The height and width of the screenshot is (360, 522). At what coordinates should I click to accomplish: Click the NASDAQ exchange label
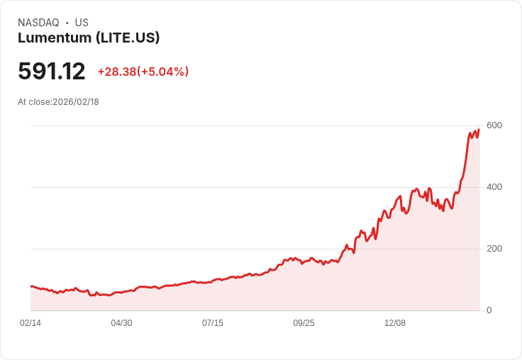tap(38, 23)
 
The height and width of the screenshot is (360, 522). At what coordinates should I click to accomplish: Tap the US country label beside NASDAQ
tap(82, 23)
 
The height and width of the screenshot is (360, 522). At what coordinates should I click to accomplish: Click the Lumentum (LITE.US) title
tap(89, 38)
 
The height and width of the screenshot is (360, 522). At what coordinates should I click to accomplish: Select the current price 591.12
tap(52, 72)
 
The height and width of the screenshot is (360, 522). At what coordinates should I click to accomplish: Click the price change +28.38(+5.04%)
tap(143, 72)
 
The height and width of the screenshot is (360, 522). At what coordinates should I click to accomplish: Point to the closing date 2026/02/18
tap(76, 102)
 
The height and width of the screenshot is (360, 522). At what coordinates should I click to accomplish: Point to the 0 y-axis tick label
tap(489, 310)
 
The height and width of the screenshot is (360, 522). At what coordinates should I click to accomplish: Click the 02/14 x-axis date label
tap(30, 323)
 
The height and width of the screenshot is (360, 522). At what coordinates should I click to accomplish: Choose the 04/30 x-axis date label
tap(121, 323)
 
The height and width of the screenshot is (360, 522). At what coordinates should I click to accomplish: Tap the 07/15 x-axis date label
tap(212, 323)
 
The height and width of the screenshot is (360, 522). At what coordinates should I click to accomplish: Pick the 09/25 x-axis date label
tap(304, 323)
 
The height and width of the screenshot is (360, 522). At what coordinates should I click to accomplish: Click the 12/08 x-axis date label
tap(394, 323)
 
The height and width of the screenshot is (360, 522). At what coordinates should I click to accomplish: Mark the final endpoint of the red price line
tap(479, 129)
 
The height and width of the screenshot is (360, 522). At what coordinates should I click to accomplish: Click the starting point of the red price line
tap(31, 286)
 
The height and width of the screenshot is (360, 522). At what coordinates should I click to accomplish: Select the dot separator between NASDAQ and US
tap(67, 23)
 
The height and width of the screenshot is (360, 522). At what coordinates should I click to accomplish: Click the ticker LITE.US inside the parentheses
tap(129, 38)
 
